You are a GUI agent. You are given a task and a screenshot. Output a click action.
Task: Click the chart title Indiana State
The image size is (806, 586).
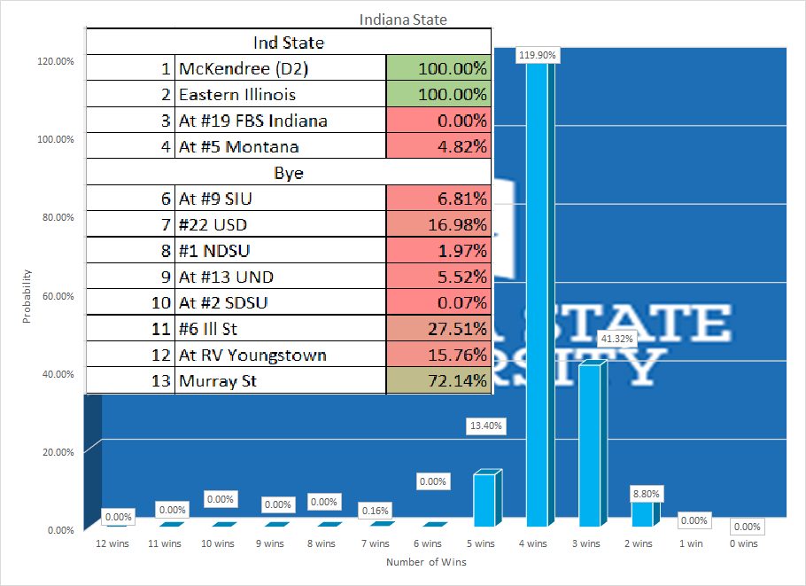(402, 19)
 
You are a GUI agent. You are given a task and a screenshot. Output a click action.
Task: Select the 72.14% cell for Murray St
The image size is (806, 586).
(438, 381)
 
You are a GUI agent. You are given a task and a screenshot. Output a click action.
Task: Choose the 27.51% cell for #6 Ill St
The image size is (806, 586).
(438, 329)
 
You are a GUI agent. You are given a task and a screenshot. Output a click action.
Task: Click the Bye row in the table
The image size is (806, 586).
(288, 173)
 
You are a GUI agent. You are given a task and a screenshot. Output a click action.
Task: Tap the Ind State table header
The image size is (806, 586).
(288, 43)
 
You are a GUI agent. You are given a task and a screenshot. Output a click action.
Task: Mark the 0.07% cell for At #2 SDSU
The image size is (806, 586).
(438, 303)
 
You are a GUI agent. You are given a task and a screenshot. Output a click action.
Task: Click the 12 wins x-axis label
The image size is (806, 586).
(112, 543)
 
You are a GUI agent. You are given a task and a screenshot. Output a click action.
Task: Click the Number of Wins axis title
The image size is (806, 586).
(426, 562)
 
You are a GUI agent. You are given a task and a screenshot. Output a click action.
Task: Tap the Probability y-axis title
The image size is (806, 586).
(27, 296)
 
